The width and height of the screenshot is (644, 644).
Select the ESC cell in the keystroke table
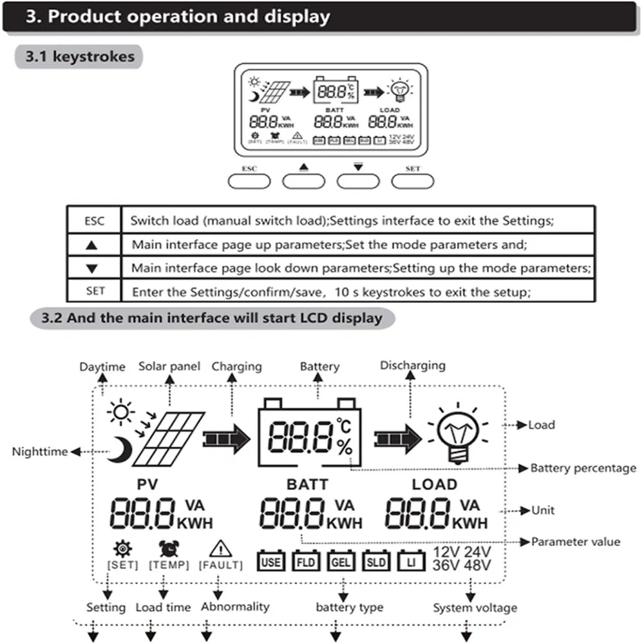(94, 221)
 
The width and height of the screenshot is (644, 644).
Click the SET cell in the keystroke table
(94, 291)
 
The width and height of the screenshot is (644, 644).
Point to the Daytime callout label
(102, 367)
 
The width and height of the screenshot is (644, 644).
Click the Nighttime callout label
(39, 452)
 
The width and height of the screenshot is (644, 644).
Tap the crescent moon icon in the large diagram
(119, 449)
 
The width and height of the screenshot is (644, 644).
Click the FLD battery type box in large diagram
(305, 562)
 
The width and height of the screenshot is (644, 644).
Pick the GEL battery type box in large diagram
(340, 562)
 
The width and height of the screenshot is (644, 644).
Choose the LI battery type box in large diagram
(410, 562)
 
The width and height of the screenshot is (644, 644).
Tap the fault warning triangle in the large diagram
(220, 548)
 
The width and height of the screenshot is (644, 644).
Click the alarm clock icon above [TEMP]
(169, 548)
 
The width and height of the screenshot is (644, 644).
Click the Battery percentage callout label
(583, 468)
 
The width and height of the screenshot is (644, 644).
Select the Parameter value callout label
(576, 542)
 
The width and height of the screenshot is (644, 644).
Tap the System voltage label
(474, 607)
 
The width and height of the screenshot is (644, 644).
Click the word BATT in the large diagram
(307, 484)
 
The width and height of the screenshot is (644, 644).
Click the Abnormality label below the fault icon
(235, 607)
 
